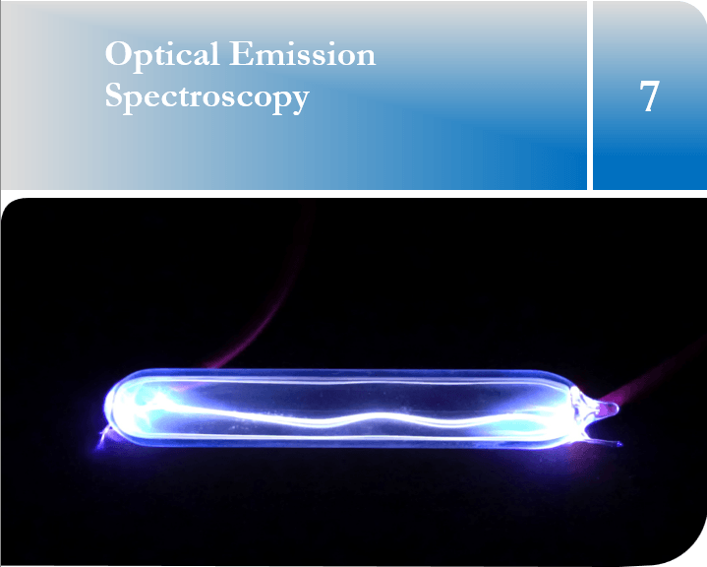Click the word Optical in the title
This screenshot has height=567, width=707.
(x=162, y=55)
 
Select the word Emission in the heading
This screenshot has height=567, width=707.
(x=302, y=53)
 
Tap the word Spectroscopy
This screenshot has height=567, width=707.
(x=206, y=97)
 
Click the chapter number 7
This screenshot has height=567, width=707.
(x=650, y=95)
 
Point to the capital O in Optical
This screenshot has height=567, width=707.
(x=118, y=54)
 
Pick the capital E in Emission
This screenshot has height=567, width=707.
(x=241, y=54)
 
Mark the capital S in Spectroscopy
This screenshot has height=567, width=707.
(x=114, y=94)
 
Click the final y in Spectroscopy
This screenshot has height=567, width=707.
(x=299, y=101)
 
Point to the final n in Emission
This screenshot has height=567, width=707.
(x=365, y=58)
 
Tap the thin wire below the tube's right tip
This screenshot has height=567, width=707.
(x=604, y=441)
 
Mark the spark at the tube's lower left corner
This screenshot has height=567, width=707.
(x=103, y=437)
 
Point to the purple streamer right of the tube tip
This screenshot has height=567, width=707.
(x=658, y=375)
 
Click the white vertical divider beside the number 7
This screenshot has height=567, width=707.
(x=590, y=94)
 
